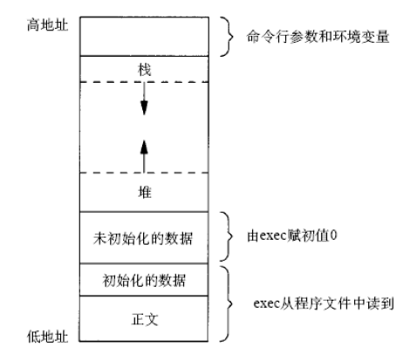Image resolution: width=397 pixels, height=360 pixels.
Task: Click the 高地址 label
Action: click(x=48, y=25)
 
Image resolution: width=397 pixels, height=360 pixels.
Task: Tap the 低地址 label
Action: click(x=48, y=336)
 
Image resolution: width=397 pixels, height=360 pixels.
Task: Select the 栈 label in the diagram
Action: click(x=145, y=70)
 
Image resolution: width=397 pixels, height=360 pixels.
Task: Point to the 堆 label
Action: click(x=145, y=192)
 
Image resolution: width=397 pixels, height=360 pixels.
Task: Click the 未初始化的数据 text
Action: click(x=143, y=239)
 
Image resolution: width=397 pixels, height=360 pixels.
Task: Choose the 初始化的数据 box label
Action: click(x=144, y=281)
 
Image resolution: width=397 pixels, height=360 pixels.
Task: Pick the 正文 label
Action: click(x=145, y=319)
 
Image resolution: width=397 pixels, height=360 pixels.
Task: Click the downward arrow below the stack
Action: click(x=144, y=98)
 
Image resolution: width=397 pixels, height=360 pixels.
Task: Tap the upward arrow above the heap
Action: click(x=144, y=156)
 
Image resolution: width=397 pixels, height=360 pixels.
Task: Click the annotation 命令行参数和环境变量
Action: click(x=318, y=37)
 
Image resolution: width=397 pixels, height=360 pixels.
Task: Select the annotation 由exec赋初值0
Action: click(x=292, y=235)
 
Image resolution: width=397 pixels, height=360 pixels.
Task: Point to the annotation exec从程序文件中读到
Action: click(x=324, y=303)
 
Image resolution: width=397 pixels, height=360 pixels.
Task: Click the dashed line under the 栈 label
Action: click(x=144, y=82)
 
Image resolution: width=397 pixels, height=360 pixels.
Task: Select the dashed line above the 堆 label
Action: click(x=144, y=173)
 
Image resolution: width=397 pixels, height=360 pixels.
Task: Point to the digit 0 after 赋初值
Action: click(x=334, y=235)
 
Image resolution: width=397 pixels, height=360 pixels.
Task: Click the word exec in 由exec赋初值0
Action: click(x=272, y=236)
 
